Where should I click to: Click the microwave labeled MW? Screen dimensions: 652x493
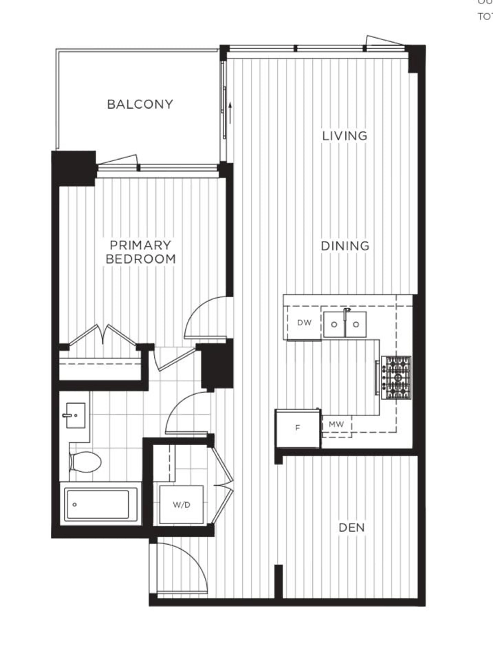336,424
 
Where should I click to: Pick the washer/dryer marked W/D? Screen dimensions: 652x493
181,505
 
